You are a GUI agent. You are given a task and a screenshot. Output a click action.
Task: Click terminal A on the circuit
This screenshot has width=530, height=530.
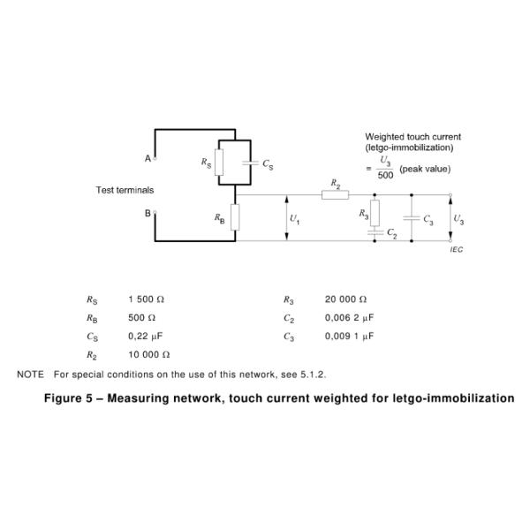[x=155, y=159]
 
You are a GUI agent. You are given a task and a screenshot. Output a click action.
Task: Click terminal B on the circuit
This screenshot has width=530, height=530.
[x=155, y=212]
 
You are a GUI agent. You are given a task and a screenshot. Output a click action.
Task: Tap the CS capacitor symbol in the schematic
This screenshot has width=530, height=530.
[x=254, y=163]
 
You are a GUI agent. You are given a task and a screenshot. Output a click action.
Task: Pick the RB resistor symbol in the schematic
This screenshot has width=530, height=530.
[x=235, y=217]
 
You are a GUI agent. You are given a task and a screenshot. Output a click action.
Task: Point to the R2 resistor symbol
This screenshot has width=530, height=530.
[x=335, y=195]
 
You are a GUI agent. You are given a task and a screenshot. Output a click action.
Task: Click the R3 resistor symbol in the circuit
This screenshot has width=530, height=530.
[x=375, y=212]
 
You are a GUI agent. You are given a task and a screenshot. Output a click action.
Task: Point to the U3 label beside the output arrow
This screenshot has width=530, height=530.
[x=458, y=218]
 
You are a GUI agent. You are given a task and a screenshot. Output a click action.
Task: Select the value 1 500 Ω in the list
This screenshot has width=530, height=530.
[x=147, y=299]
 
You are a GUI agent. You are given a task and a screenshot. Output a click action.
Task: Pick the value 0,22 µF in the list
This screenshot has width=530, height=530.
[x=146, y=337]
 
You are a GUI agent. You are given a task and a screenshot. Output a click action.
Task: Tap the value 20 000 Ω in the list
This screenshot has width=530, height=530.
[x=346, y=299]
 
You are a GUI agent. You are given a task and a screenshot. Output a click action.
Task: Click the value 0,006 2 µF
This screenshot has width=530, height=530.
[x=350, y=318]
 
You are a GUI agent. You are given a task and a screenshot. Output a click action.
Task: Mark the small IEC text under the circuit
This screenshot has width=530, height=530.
[x=456, y=250]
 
